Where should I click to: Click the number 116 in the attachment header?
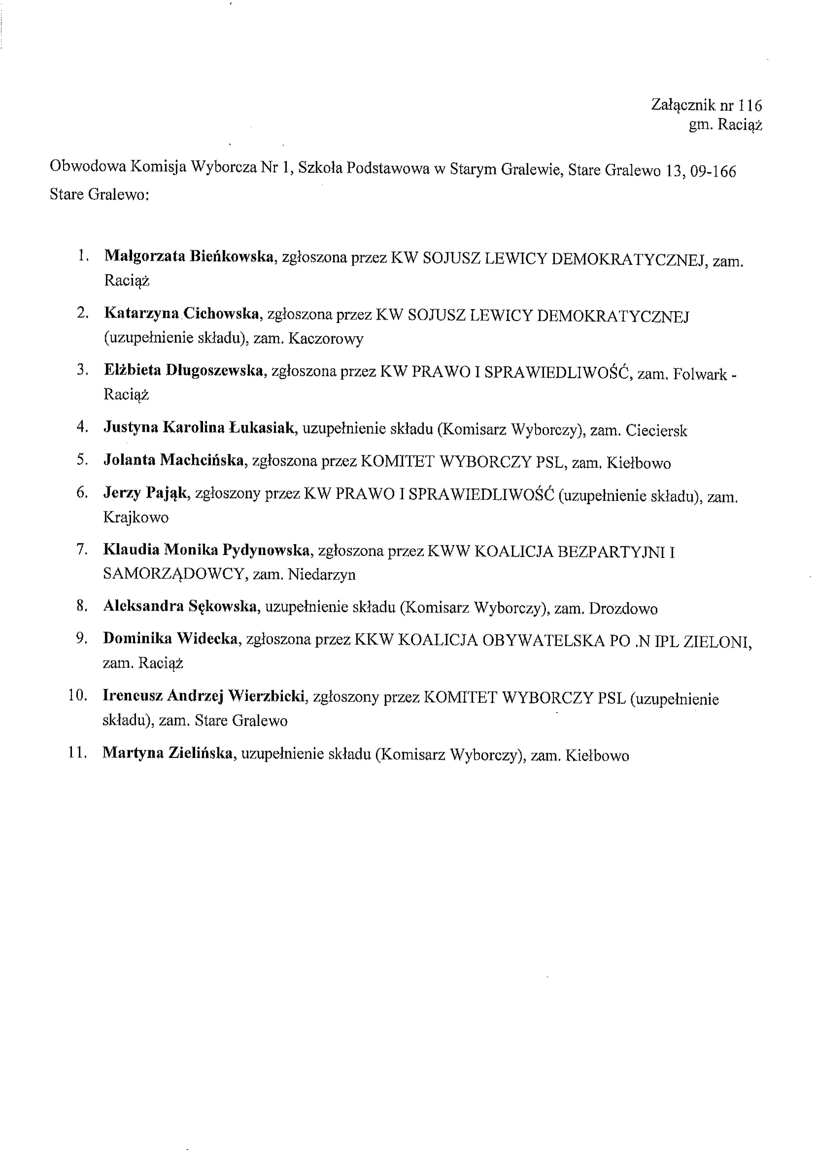click(x=751, y=105)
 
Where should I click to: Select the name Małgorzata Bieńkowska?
click(x=189, y=257)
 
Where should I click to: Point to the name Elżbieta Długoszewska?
click(x=184, y=371)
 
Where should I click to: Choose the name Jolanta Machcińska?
click(x=174, y=460)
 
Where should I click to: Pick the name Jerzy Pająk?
click(x=146, y=493)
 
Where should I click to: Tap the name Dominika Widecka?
click(x=170, y=639)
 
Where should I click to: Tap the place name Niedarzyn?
click(x=322, y=574)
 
